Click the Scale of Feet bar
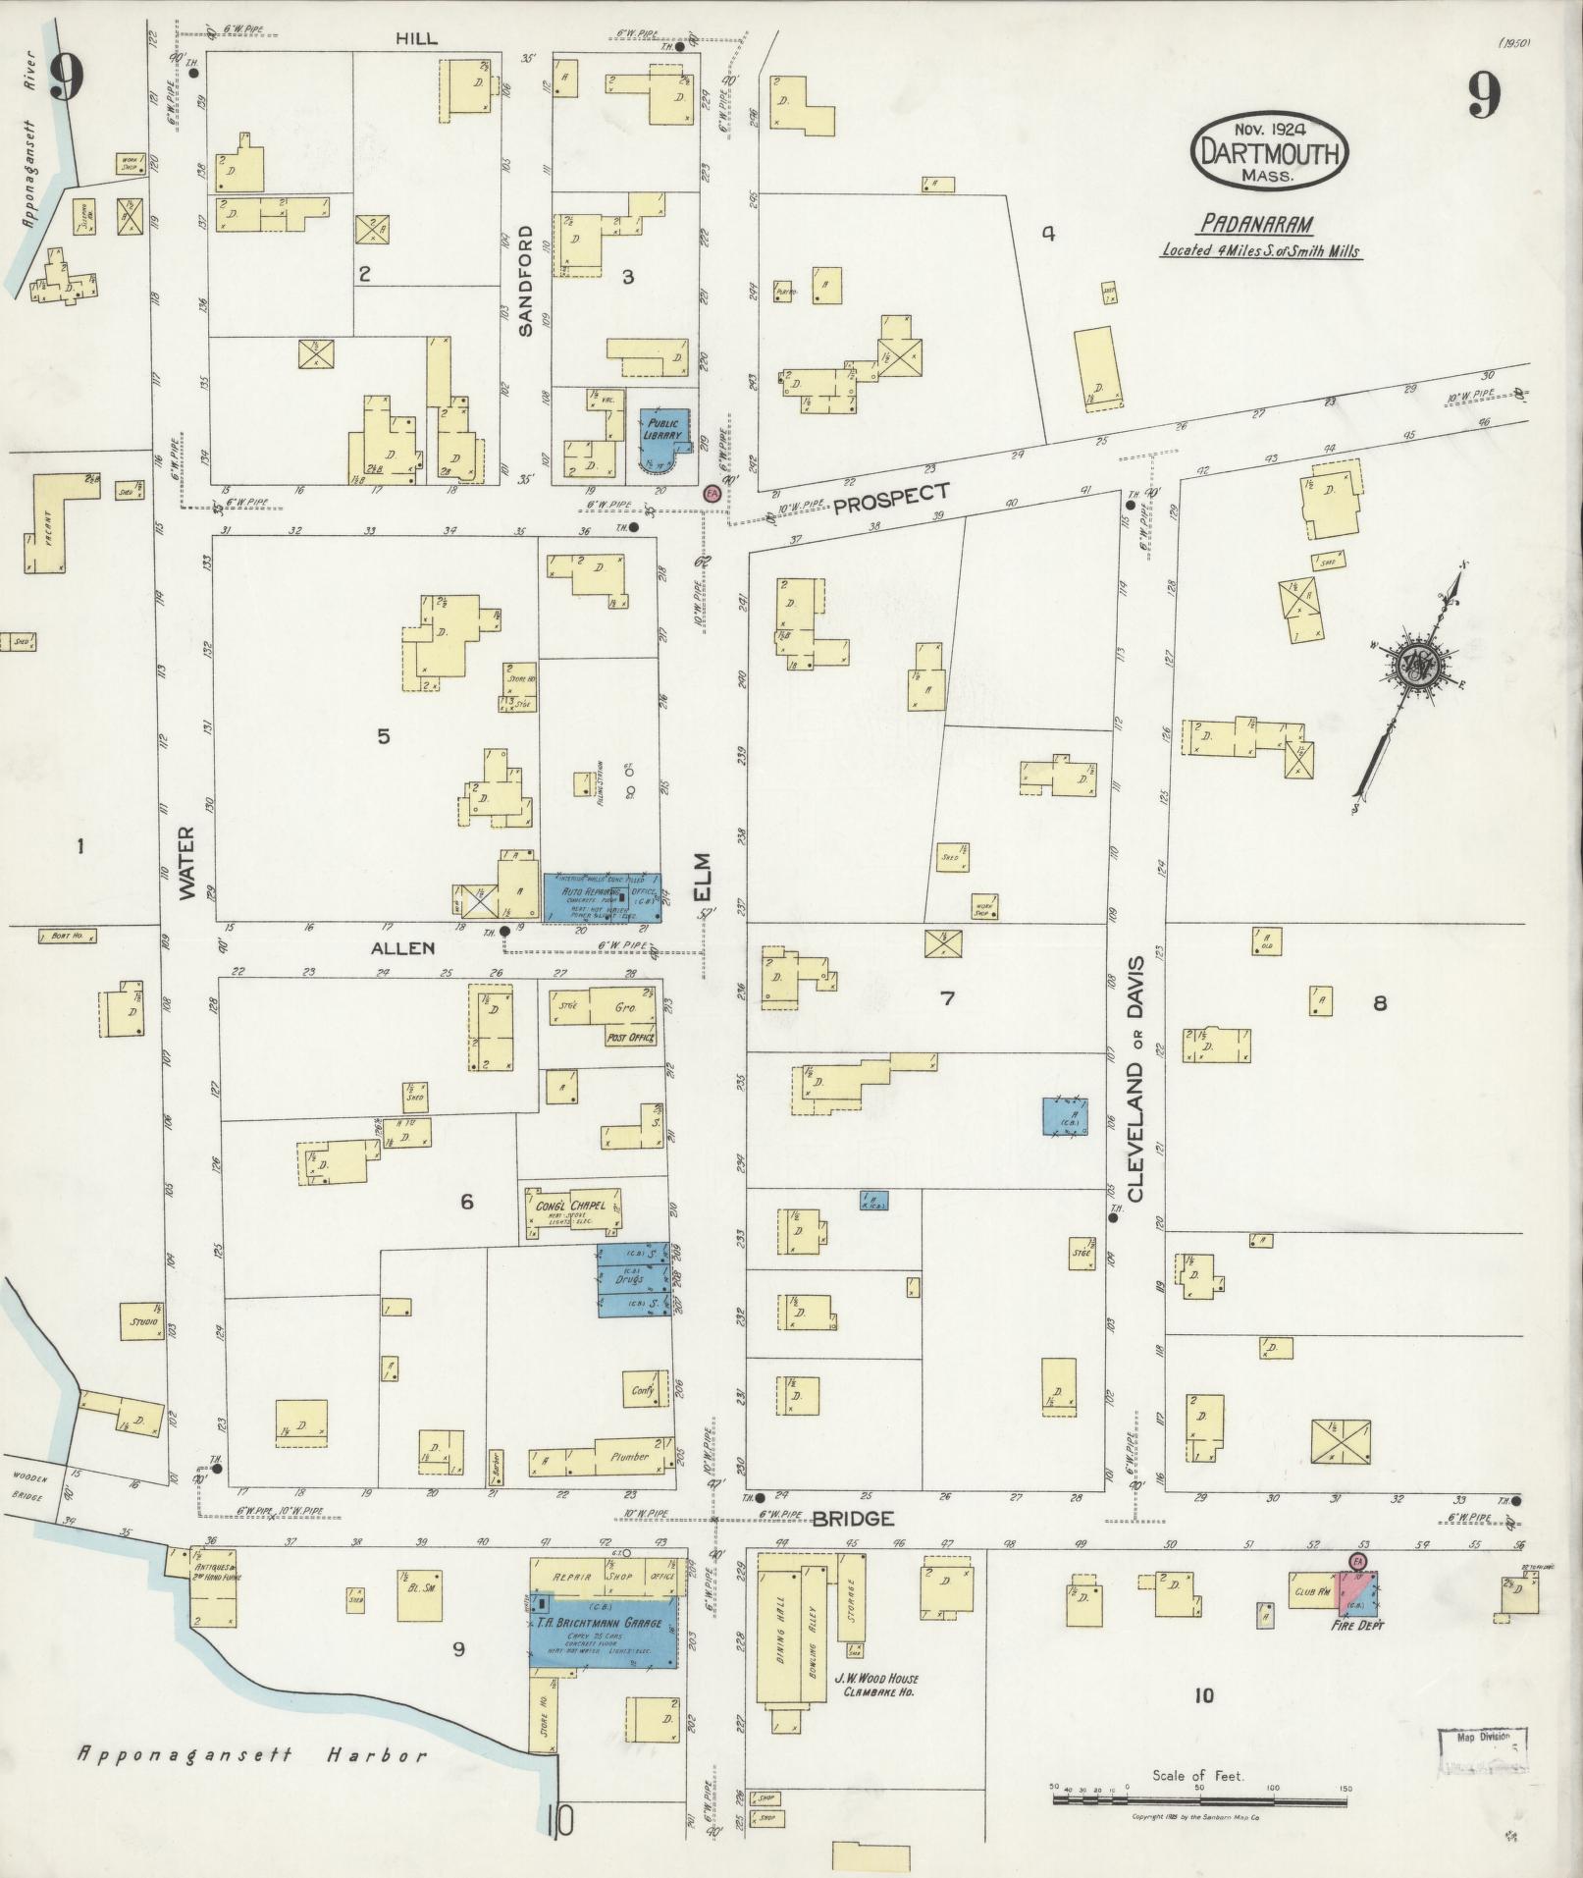point(1200,1799)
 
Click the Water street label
point(186,862)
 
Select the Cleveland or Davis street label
point(1136,1077)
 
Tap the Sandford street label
point(525,281)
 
